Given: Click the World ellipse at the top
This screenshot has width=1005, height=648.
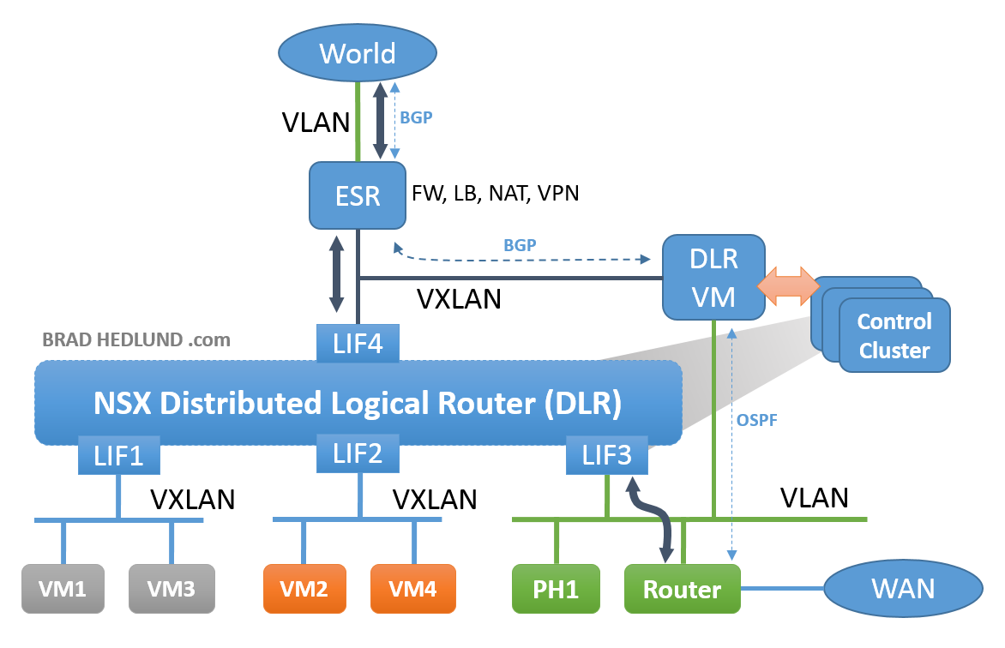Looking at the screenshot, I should tap(357, 53).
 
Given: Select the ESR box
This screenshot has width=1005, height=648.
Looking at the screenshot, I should tap(358, 196).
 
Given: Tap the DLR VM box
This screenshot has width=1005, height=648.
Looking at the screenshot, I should tap(713, 276).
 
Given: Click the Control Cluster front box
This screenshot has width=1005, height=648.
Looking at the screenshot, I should tap(894, 335).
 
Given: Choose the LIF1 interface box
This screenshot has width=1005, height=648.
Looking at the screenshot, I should tap(120, 455).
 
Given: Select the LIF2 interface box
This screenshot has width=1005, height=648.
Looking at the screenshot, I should tap(358, 453).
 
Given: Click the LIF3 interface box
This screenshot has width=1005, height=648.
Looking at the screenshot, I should tap(607, 454).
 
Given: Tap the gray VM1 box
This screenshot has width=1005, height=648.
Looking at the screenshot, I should tap(63, 589).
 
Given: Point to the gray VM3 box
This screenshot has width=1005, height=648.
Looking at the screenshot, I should tap(172, 589).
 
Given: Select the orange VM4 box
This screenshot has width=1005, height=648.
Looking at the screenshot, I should tap(413, 589).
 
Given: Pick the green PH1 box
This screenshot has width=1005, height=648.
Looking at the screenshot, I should tap(554, 589).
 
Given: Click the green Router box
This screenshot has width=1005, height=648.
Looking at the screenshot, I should tap(682, 589).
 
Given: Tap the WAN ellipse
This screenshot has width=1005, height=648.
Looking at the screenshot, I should tap(902, 589).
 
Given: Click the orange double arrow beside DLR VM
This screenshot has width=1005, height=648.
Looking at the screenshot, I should tap(785, 285).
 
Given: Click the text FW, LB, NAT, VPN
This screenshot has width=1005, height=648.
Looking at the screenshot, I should tap(496, 193).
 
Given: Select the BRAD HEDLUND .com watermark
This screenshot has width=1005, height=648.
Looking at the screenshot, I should tap(136, 339).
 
